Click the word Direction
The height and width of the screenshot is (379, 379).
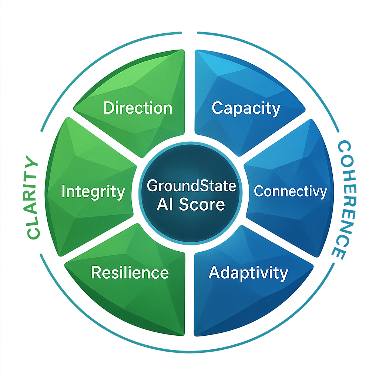tap(138, 108)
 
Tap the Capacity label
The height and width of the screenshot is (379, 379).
tap(246, 108)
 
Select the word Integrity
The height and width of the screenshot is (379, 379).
tap(93, 192)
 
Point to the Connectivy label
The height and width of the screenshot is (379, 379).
tap(290, 191)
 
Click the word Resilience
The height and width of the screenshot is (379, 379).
tap(130, 272)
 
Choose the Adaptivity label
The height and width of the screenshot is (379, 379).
tap(248, 272)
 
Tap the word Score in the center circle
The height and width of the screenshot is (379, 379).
tap(206, 204)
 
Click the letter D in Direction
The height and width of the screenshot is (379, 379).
tap(108, 108)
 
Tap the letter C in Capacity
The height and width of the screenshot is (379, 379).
tap(217, 108)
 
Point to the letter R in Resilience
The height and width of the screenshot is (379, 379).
tap(96, 272)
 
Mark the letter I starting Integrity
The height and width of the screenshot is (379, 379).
tap(63, 192)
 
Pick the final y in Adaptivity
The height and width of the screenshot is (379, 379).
tap(283, 274)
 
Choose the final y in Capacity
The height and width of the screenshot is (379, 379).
tap(276, 110)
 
